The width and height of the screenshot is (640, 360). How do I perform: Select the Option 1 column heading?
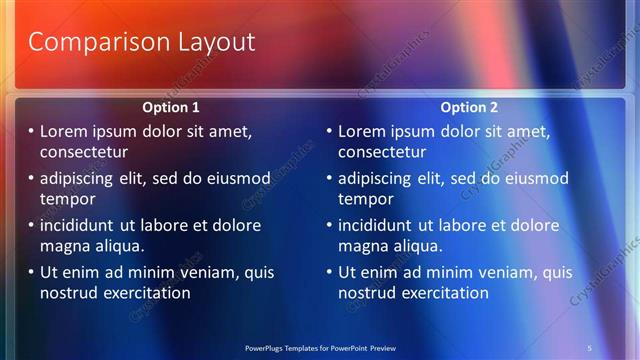pos(171,107)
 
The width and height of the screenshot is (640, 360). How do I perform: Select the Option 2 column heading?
pos(470,107)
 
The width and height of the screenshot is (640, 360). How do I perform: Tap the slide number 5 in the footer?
pos(591,347)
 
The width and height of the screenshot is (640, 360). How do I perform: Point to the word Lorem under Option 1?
pos(64,131)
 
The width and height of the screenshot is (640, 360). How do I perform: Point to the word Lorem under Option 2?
pos(363,131)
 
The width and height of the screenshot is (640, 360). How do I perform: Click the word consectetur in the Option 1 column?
pos(84,152)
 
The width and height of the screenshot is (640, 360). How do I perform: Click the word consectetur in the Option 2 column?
pos(382,152)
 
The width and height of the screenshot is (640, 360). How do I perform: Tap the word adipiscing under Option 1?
pos(82,178)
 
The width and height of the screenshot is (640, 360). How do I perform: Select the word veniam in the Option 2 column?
pos(486,272)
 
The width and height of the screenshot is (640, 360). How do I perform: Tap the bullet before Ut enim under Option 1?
pos(31,272)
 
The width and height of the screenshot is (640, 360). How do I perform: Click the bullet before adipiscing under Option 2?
pos(329,178)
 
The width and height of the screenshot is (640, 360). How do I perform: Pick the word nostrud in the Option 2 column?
pos(369,293)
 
